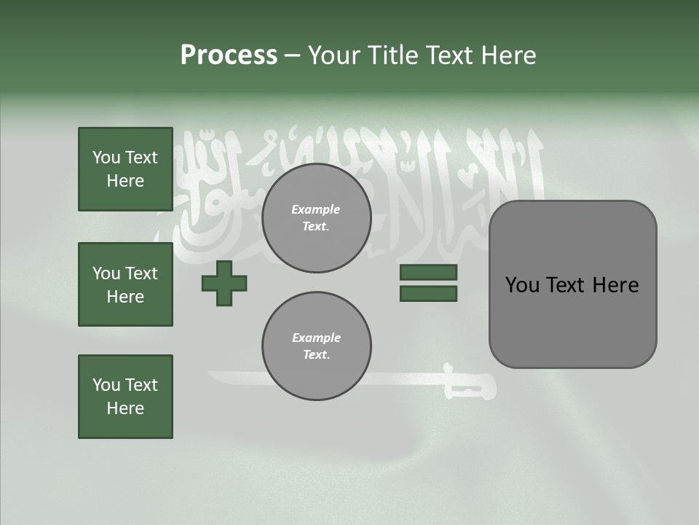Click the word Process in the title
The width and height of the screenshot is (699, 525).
tap(229, 55)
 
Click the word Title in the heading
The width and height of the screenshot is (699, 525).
tap(392, 55)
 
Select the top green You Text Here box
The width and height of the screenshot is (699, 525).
tap(125, 169)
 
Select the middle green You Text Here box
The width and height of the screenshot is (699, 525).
tap(125, 284)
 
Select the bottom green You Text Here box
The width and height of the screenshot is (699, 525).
tap(125, 397)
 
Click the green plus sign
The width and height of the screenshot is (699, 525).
tap(224, 283)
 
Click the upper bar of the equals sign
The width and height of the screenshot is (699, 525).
tap(428, 272)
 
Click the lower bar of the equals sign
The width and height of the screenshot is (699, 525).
tap(428, 293)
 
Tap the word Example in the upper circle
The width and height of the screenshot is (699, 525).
tap(315, 209)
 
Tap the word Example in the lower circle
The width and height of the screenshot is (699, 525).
tap(316, 338)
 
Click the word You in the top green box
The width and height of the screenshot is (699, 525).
tap(106, 157)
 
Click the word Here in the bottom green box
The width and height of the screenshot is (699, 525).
tap(125, 408)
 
